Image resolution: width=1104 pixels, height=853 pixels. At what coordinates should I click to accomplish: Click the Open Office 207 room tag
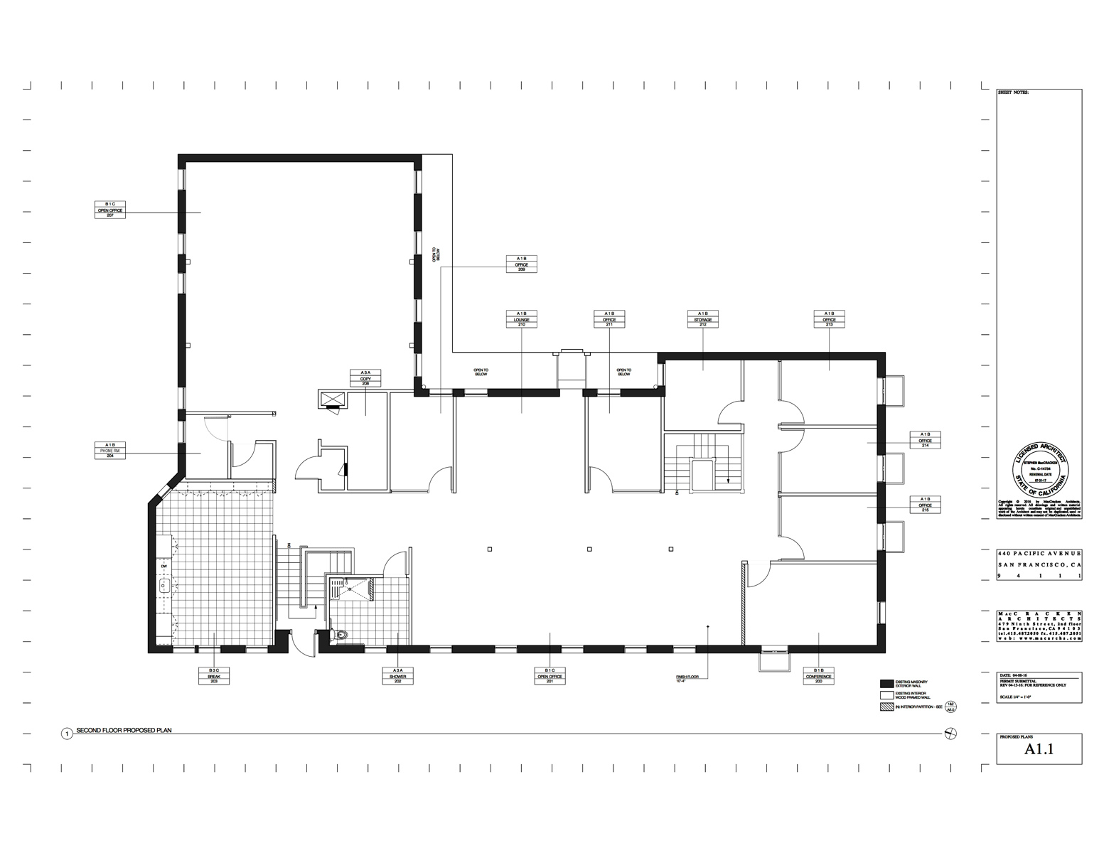110,210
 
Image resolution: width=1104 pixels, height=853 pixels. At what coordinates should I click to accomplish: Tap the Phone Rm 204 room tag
110,450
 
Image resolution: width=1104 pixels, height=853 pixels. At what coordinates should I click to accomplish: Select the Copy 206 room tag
365,377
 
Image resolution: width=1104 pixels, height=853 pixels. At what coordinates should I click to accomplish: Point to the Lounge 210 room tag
521,319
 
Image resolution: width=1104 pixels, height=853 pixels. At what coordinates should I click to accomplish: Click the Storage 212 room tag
702,319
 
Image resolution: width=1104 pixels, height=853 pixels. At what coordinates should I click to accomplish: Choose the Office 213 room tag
829,319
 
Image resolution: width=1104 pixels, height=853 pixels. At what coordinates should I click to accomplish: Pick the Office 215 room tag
925,505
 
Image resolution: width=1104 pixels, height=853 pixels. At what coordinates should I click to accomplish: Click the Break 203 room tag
214,675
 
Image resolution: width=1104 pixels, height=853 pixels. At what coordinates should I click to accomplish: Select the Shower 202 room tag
397,675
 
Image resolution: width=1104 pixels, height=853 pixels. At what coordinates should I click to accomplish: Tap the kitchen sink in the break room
164,586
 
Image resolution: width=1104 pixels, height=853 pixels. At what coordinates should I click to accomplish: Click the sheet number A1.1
1039,749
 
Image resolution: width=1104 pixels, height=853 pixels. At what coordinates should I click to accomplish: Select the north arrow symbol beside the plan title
951,734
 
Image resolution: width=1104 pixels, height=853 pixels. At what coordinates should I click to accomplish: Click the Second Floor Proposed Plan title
124,731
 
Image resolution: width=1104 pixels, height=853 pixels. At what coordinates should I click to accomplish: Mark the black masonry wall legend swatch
886,683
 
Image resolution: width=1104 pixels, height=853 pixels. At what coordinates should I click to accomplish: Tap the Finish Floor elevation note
687,679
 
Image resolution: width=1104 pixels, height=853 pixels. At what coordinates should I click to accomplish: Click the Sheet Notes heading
1013,93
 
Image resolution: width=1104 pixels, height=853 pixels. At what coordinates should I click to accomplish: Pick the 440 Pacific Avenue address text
1039,553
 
